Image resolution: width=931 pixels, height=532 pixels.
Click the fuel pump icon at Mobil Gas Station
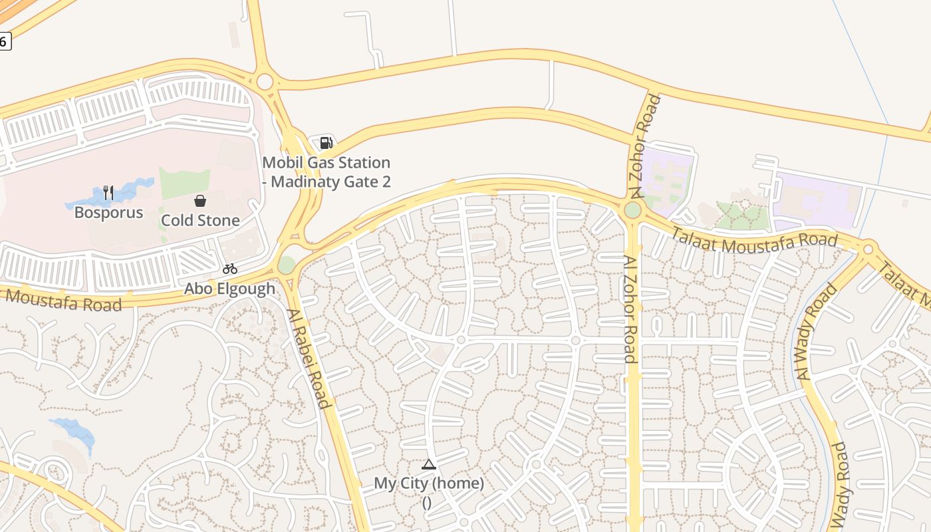click(x=326, y=142)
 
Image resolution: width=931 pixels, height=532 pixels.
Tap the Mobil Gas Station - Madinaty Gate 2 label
click(x=326, y=172)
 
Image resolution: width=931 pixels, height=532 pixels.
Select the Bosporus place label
click(x=108, y=213)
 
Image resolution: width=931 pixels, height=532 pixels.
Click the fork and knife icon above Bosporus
click(x=108, y=193)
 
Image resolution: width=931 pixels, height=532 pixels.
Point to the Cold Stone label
click(x=200, y=220)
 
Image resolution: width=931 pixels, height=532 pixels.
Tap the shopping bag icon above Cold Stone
click(x=199, y=201)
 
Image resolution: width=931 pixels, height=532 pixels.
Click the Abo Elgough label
click(x=229, y=289)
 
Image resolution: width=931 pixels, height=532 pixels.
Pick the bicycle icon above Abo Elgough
click(x=230, y=269)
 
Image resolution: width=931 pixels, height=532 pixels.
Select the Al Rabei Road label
click(x=309, y=358)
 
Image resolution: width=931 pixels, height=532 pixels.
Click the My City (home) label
click(x=428, y=483)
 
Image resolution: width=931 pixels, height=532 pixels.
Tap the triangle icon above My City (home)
click(x=429, y=464)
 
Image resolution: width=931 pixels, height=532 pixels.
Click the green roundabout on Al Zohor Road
click(x=632, y=210)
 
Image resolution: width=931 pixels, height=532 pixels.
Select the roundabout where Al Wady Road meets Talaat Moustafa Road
click(x=867, y=249)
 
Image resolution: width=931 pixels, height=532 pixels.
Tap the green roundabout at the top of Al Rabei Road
click(x=286, y=265)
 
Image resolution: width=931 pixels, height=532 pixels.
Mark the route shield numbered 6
click(x=4, y=41)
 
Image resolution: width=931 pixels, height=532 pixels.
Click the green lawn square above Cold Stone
click(x=185, y=183)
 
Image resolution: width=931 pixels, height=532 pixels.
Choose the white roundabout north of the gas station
click(x=265, y=82)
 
